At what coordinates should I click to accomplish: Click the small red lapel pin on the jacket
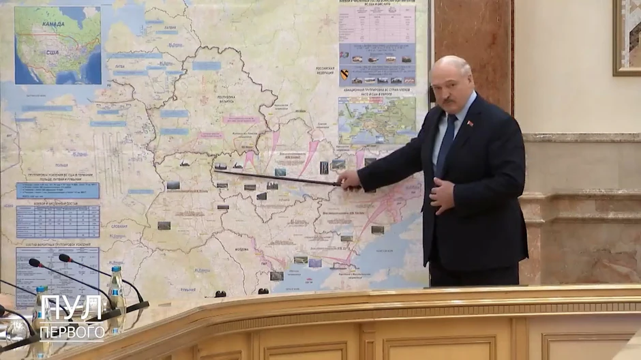click(469, 123)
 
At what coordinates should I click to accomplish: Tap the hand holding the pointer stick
click(350, 180)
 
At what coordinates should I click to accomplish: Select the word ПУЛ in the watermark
click(71, 308)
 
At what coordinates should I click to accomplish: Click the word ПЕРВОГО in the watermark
click(72, 332)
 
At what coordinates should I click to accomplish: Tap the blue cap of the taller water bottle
click(117, 270)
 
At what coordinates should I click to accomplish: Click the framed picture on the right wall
click(626, 37)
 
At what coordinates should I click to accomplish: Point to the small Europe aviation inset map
click(376, 119)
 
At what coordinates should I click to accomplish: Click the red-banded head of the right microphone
click(64, 258)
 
